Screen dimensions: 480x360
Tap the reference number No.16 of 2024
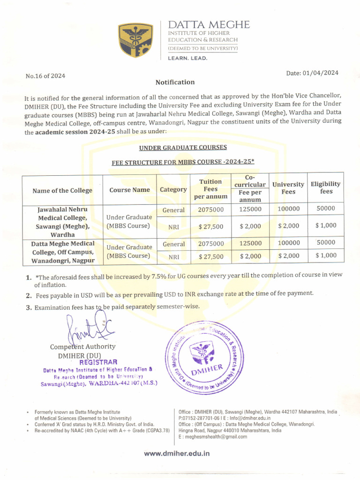coord(45,76)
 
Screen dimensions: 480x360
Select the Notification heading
coord(175,82)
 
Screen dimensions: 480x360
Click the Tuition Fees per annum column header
coord(210,189)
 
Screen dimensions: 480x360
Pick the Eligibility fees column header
coord(326,187)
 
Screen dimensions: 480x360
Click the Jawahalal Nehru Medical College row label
coord(62,222)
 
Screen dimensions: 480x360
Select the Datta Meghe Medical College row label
coord(62,252)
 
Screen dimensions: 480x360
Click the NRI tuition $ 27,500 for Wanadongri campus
coord(210,256)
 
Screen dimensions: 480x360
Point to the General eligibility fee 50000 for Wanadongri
coord(326,243)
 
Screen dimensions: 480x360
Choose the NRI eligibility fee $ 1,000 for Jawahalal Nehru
coord(326,225)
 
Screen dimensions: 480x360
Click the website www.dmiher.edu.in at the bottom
coord(177,453)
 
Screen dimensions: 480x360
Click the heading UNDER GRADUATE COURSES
coord(183,148)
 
